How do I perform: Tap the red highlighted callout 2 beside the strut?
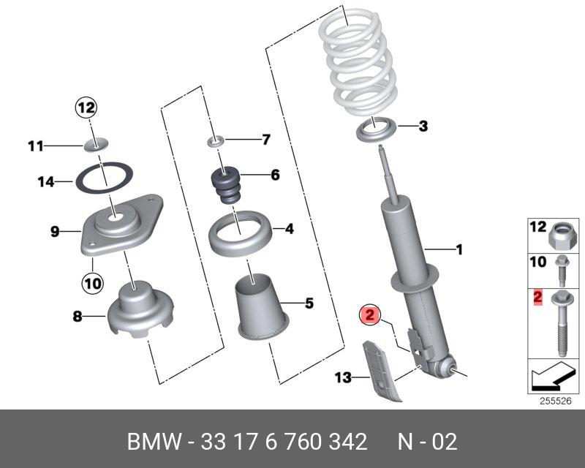[370, 316]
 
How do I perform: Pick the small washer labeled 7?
[217, 139]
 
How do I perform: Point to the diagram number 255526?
[554, 400]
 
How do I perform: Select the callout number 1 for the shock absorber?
[460, 250]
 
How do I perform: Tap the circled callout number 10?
[93, 282]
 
